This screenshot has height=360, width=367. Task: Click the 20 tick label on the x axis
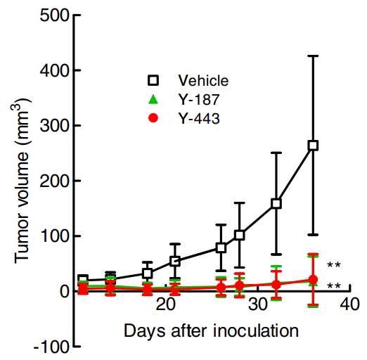point(166,305)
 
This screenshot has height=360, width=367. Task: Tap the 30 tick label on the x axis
point(257,305)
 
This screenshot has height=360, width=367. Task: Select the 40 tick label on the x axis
point(349,305)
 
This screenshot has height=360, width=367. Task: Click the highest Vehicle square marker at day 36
point(313,146)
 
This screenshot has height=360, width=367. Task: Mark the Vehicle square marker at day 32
point(276,203)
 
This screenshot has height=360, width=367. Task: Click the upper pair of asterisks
point(334,265)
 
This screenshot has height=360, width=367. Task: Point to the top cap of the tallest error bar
point(313,56)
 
